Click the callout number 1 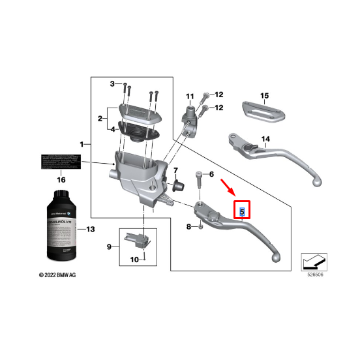82,143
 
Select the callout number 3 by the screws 112,84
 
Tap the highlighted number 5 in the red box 242,211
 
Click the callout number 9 110,247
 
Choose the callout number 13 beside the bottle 90,230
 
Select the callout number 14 265,139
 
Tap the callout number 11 190,98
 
